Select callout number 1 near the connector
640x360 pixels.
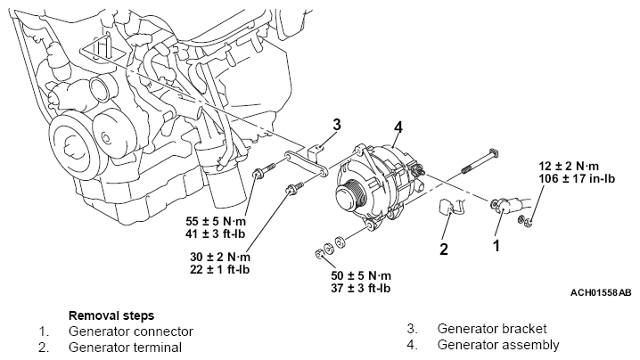[x=496, y=241]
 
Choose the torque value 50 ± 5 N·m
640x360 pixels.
[x=361, y=275]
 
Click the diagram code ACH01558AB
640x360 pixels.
[x=601, y=292]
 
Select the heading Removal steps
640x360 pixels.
[x=111, y=315]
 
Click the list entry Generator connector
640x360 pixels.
[x=130, y=331]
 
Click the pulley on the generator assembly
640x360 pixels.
[x=350, y=193]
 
